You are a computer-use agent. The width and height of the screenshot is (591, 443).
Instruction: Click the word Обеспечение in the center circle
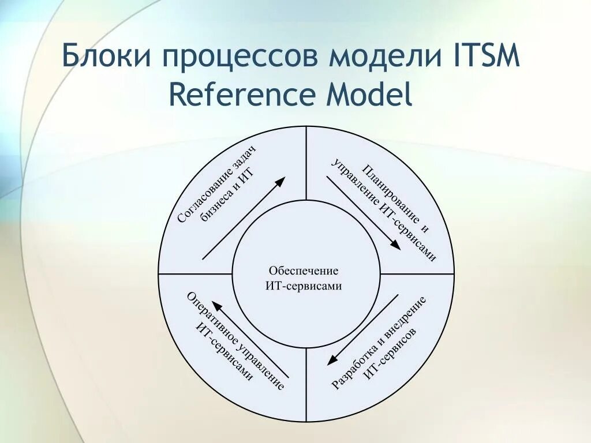pyautogui.click(x=303, y=271)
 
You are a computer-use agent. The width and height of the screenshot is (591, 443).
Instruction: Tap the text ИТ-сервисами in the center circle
pyautogui.click(x=304, y=286)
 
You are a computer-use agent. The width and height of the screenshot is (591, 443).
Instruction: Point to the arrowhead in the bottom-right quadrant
pyautogui.click(x=332, y=361)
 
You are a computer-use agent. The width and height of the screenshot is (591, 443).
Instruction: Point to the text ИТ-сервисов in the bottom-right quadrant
pyautogui.click(x=391, y=355)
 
